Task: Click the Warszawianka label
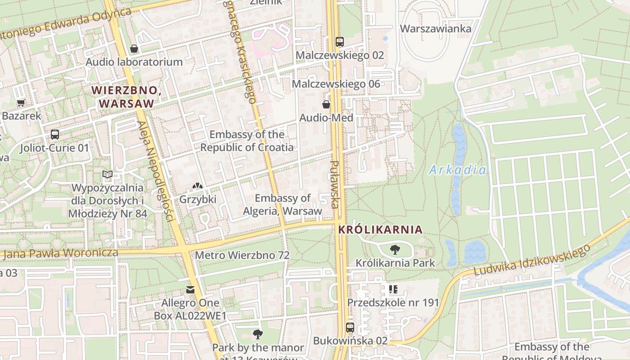[x=436, y=29]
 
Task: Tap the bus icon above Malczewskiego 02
[x=340, y=42]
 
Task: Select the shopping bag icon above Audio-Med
[x=326, y=104]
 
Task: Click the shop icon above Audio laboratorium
[x=134, y=49]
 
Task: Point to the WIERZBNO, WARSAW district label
[x=126, y=97]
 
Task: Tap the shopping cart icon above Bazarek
[x=21, y=103]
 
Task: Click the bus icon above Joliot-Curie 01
[x=55, y=134]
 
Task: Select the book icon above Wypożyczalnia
[x=107, y=174]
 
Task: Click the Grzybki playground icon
[x=198, y=185]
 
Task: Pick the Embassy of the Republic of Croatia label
[x=247, y=141]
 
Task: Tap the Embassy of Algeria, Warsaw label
[x=283, y=205]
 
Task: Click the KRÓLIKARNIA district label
[x=380, y=229]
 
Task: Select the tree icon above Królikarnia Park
[x=395, y=249]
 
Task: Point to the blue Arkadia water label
[x=458, y=170]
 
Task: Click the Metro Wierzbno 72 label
[x=242, y=255]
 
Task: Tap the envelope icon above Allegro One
[x=190, y=290]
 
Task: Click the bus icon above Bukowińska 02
[x=350, y=327]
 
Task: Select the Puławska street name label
[x=334, y=184]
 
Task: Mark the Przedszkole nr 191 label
[x=393, y=302]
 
